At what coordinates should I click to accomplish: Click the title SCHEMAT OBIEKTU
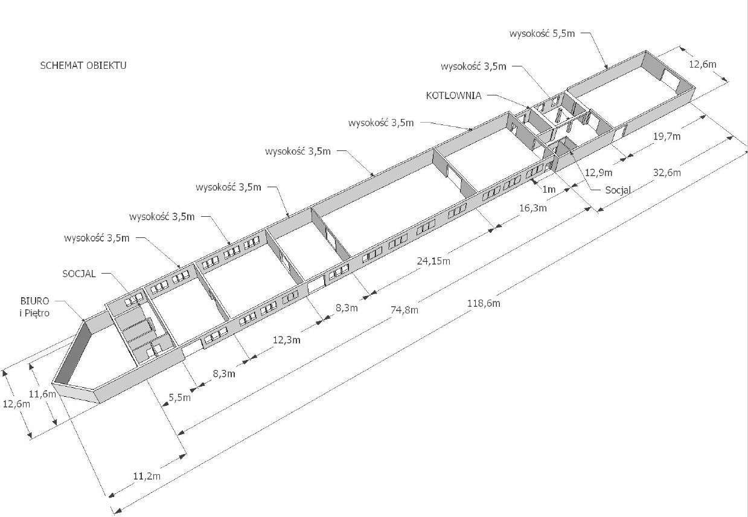(83, 65)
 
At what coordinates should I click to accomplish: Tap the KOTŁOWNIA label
(453, 95)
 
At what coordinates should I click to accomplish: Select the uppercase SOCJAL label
(79, 274)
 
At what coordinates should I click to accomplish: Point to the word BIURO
(35, 301)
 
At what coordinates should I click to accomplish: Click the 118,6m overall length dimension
(484, 303)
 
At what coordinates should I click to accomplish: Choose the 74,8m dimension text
(404, 310)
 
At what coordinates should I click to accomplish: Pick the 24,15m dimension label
(433, 261)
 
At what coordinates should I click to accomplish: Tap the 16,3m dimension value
(533, 208)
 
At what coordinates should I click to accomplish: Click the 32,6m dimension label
(667, 172)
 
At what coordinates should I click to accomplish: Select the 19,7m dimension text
(667, 136)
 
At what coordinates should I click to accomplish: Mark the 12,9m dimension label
(599, 172)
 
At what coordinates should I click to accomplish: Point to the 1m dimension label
(549, 190)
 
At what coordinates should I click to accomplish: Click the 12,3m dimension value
(287, 340)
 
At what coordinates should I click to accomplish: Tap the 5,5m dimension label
(180, 397)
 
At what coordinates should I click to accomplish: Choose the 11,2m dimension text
(147, 475)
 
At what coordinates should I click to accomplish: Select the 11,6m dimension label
(42, 394)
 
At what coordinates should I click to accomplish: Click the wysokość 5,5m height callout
(542, 33)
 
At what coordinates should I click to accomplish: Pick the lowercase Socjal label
(618, 190)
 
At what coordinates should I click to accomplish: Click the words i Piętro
(34, 313)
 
